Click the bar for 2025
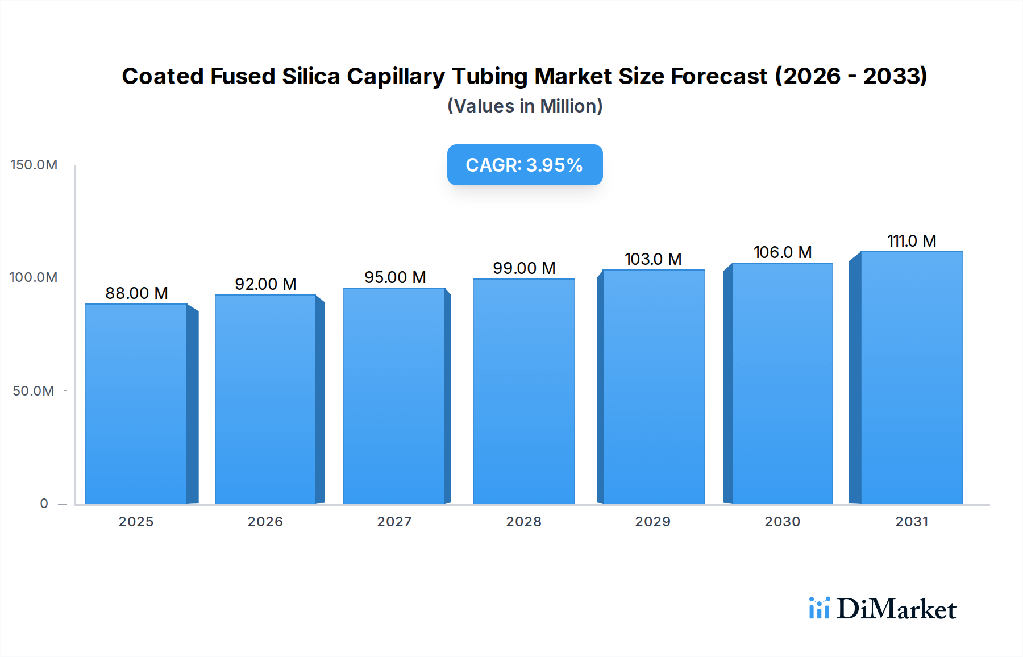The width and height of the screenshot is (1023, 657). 136,404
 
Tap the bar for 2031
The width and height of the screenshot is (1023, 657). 911,377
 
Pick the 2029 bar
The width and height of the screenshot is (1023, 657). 653,386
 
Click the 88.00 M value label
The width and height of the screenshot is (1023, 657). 136,293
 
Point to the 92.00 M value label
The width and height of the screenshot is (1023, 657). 265,284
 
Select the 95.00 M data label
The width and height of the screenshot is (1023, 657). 395,277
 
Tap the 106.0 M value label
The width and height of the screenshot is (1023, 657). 782,252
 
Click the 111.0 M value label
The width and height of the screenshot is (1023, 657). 911,241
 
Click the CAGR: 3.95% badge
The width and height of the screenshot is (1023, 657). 525,165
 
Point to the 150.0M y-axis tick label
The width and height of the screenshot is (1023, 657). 34,165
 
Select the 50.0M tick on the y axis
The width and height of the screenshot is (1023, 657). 34,391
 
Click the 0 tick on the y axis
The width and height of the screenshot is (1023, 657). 44,504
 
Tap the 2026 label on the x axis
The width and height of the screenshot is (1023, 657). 265,522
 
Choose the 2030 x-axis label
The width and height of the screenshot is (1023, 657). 782,522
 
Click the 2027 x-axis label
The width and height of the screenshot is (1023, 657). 394,522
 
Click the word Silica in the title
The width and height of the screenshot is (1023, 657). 311,76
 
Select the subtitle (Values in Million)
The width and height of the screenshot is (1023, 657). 525,106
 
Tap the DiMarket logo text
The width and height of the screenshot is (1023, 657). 896,609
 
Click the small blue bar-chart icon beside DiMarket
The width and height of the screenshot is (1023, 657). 819,608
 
